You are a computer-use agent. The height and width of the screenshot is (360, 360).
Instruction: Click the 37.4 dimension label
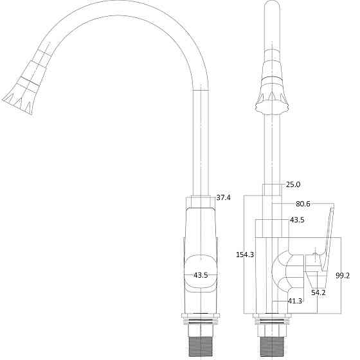224,197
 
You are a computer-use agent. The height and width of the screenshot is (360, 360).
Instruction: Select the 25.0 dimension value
293,184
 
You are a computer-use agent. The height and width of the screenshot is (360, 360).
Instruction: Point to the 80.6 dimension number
303,204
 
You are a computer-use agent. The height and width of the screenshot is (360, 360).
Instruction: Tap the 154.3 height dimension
245,255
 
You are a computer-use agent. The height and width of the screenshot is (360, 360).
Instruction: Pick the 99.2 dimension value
343,275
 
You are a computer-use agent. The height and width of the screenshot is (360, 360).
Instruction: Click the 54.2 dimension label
318,292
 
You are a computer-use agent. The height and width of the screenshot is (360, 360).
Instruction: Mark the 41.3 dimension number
295,301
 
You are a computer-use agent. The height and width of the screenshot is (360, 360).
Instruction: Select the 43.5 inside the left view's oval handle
201,275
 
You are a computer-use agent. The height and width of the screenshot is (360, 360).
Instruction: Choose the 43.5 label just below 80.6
297,220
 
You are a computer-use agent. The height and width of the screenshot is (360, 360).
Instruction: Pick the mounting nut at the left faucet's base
201,317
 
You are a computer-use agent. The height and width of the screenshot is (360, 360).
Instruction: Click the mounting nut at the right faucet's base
273,318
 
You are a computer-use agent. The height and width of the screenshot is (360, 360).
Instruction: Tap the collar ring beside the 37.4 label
201,201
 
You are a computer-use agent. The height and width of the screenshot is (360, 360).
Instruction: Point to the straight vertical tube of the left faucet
201,141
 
